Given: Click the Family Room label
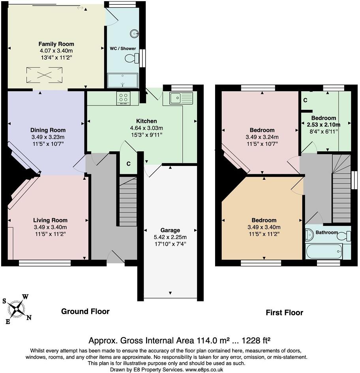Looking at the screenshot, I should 56,44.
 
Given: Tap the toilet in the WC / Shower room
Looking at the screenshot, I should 130,59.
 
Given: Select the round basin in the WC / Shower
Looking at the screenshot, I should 135,34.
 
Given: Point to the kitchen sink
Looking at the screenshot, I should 181,97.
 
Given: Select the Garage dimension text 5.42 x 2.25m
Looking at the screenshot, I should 170,237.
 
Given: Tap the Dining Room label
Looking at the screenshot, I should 48,130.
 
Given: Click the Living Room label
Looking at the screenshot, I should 50,220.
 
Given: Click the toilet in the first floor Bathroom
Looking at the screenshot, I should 344,236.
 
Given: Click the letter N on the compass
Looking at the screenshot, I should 29,317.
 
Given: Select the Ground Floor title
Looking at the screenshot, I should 85,311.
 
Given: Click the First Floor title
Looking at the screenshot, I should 284,313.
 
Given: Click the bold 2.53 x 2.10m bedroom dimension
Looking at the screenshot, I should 323,124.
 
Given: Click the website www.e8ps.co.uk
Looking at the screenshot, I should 204,369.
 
